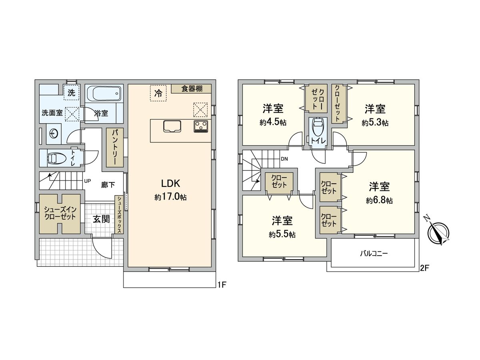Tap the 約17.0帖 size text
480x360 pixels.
tap(171, 197)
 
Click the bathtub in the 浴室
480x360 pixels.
tap(104, 94)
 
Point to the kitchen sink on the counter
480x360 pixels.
tap(172, 126)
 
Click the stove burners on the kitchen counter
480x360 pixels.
tap(201, 126)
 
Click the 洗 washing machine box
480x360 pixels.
tap(71, 93)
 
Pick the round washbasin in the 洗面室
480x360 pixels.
tap(53, 134)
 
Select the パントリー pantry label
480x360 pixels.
tap(114, 147)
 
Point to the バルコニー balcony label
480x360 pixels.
tap(374, 253)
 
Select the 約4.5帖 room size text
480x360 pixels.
tap(273, 122)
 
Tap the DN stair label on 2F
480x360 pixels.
tap(284, 159)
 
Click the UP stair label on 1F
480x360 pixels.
tap(87, 181)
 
